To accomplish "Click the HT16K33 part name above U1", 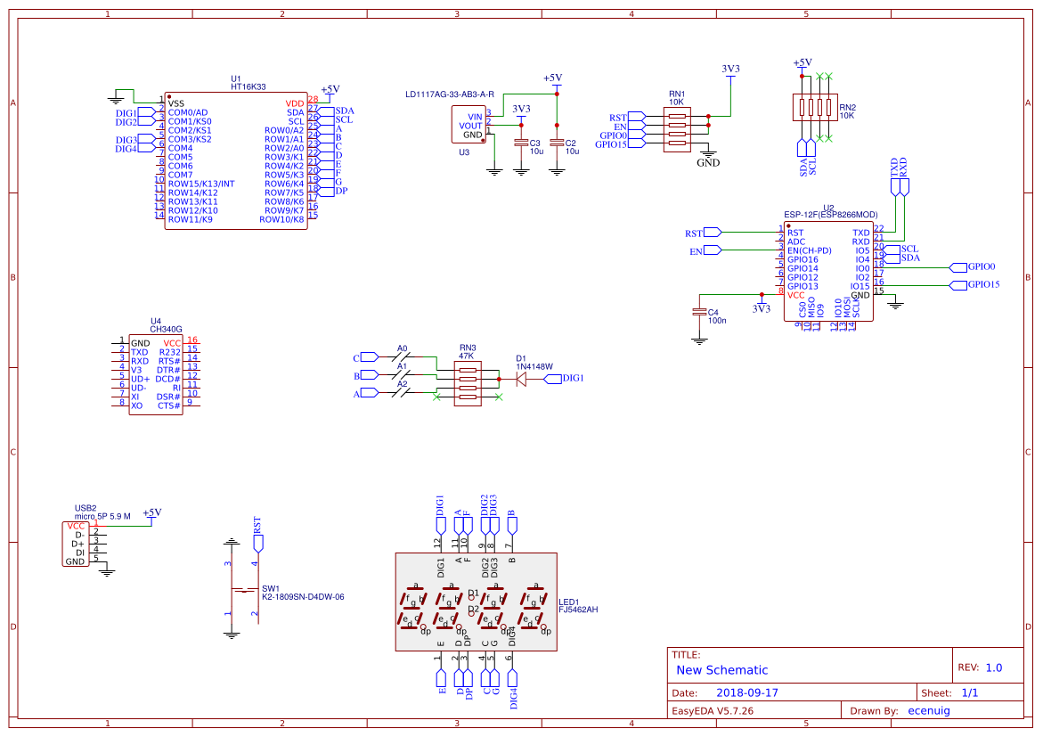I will (249, 87).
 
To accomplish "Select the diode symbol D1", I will (522, 379).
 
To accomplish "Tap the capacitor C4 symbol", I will (699, 311).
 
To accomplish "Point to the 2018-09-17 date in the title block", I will (747, 692).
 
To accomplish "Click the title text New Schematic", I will (721, 670).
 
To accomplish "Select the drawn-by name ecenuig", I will (928, 710).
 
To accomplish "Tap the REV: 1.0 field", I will (980, 667).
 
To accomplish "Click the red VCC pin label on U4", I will (172, 343).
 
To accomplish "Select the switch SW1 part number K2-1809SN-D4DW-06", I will (303, 597).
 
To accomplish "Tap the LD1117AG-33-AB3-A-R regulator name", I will (449, 94).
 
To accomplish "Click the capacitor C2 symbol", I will (557, 143).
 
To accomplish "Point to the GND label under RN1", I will (708, 163).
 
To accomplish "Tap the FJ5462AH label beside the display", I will (578, 610).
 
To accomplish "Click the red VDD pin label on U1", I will (295, 103).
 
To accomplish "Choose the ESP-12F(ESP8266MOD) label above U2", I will (830, 215).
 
